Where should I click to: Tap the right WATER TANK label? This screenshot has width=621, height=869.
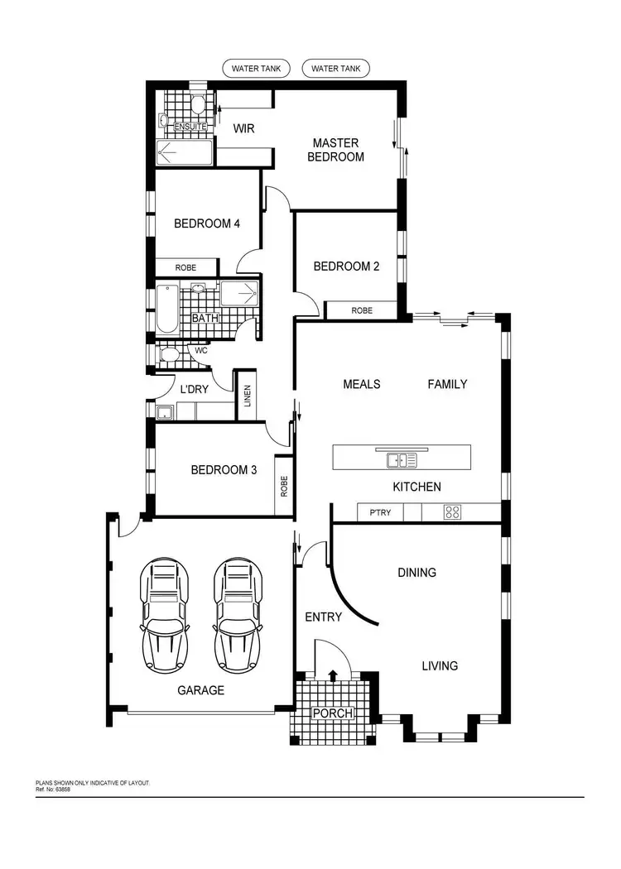335,68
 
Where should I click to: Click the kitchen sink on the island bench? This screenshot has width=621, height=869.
402,459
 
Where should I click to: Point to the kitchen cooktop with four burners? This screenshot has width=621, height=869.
452,512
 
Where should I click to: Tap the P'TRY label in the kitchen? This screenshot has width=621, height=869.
380,513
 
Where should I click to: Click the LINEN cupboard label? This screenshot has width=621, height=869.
247,396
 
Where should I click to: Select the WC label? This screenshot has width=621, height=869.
200,350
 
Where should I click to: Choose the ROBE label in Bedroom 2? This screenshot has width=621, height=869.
362,310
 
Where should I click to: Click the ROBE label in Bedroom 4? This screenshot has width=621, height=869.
186,267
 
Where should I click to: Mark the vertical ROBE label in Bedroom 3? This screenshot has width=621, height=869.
284,485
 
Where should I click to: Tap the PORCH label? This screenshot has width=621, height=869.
332,713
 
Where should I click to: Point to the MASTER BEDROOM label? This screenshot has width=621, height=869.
335,149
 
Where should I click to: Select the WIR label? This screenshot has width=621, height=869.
243,128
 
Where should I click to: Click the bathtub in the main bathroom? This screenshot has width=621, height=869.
167,309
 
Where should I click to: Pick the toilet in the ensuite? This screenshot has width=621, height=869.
197,105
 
